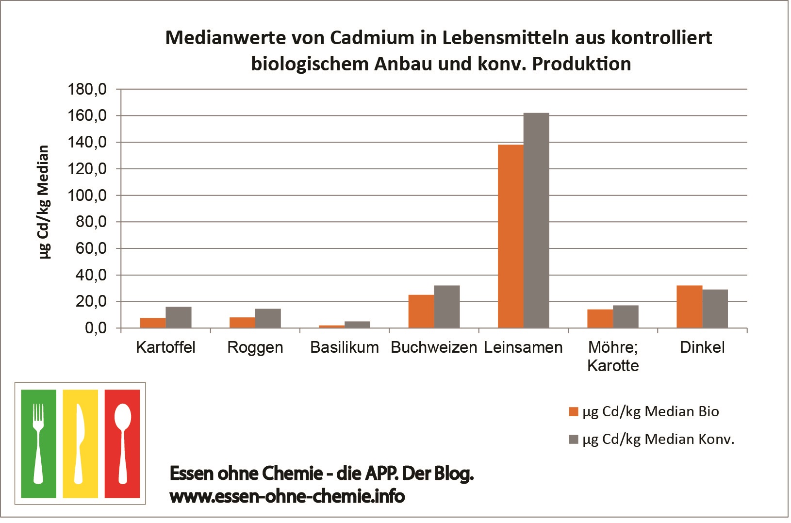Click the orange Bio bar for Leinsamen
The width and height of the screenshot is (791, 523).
tap(511, 236)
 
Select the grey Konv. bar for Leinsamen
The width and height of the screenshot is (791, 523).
tap(537, 221)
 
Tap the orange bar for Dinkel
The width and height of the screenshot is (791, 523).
tap(690, 307)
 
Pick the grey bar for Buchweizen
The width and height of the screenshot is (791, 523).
tap(447, 307)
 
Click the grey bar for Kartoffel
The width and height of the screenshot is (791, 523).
tap(179, 318)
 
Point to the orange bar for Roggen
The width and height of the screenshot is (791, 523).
tap(242, 323)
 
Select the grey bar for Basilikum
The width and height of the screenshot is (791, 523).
tap(358, 325)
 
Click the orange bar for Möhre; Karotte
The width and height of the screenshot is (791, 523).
tap(600, 319)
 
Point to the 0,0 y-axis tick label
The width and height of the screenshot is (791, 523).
tap(96, 328)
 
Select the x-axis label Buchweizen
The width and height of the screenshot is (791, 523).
tap(434, 348)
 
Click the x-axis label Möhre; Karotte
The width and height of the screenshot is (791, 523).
tap(613, 357)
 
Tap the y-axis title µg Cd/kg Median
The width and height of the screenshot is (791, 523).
tap(44, 202)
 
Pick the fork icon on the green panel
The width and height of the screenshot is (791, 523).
tap(38, 443)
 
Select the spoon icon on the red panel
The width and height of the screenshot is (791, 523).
tap(122, 443)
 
